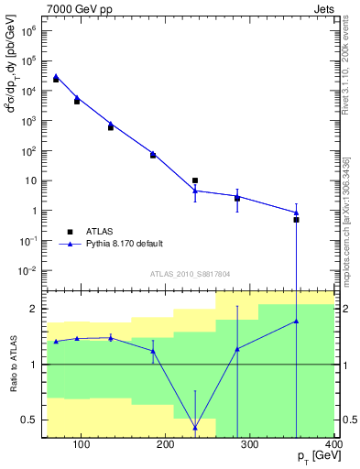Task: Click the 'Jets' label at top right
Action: pyautogui.click(x=323, y=8)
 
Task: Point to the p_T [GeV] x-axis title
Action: pyautogui.click(x=316, y=455)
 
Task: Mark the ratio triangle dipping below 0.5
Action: pyautogui.click(x=195, y=427)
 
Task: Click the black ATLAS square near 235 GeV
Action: pyautogui.click(x=195, y=180)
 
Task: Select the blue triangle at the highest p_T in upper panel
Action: pyautogui.click(x=296, y=213)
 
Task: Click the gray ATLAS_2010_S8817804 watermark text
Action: pyautogui.click(x=190, y=274)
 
